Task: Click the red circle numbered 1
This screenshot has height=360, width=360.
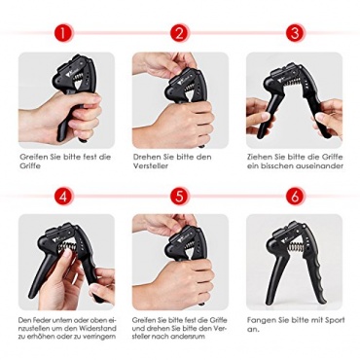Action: pyautogui.click(x=63, y=33)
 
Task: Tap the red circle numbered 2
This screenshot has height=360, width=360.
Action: pyautogui.click(x=180, y=33)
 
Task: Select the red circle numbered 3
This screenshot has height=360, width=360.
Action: pyautogui.click(x=295, y=33)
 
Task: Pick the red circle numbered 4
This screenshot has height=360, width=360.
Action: pyautogui.click(x=63, y=197)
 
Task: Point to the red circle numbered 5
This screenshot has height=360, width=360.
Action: pyautogui.click(x=180, y=197)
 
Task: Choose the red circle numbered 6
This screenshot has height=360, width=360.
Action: pyautogui.click(x=295, y=197)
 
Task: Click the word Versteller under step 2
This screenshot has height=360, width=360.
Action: pyautogui.click(x=151, y=166)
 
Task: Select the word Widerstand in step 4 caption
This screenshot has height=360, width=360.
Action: pyautogui.click(x=99, y=328)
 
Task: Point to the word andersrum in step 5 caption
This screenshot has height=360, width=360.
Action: pyautogui.click(x=189, y=337)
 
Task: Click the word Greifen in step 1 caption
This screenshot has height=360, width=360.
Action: pyautogui.click(x=32, y=158)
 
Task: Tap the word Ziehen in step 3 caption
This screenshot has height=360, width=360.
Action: pyautogui.click(x=259, y=158)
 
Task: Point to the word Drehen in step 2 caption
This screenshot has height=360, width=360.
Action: pyautogui.click(x=146, y=158)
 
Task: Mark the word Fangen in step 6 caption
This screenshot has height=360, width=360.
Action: pyautogui.click(x=260, y=320)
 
